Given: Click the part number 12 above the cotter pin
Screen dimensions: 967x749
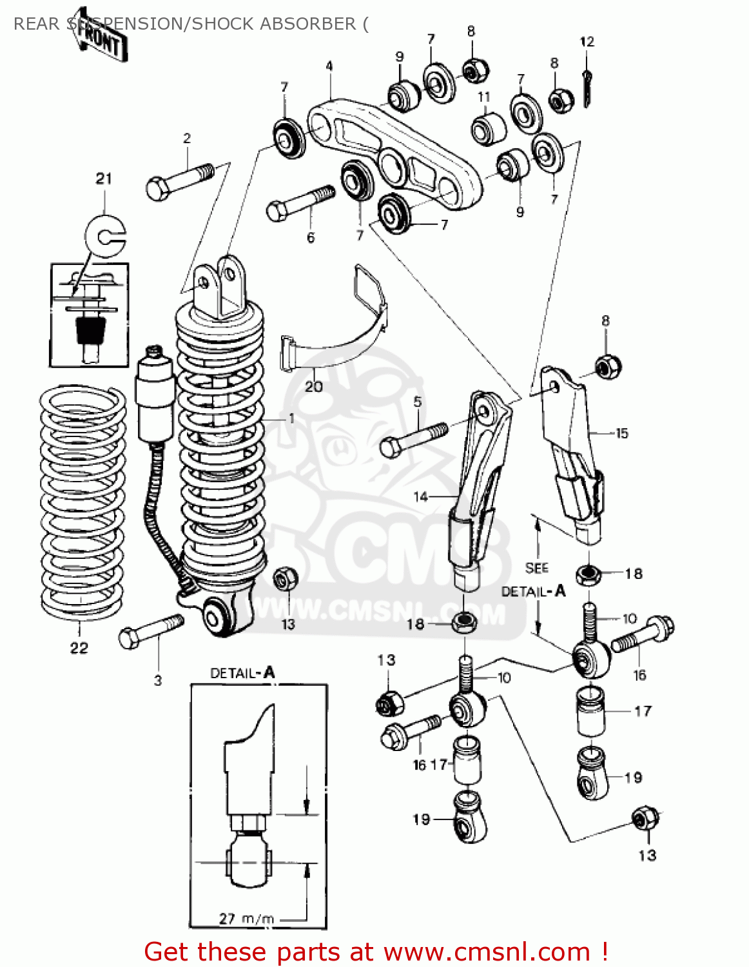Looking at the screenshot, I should pyautogui.click(x=587, y=42).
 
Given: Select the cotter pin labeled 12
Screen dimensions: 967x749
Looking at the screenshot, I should pyautogui.click(x=588, y=88).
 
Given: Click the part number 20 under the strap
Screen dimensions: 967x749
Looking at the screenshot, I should pyautogui.click(x=313, y=387).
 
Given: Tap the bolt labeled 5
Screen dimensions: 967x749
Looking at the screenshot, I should pyautogui.click(x=413, y=439).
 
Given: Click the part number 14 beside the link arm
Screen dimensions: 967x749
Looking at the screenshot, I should pyautogui.click(x=420, y=496).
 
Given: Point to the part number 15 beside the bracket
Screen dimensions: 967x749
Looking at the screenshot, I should pyautogui.click(x=621, y=433).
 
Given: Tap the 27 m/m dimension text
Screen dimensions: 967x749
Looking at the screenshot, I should pyautogui.click(x=246, y=918).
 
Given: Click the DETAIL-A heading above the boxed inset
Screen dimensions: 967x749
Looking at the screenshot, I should pyautogui.click(x=242, y=673).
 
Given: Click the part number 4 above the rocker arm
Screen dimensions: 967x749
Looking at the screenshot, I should pyautogui.click(x=329, y=66).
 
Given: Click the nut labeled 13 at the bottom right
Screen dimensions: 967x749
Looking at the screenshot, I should pyautogui.click(x=643, y=819).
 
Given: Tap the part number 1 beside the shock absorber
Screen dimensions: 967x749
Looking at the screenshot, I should pyautogui.click(x=291, y=418).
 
